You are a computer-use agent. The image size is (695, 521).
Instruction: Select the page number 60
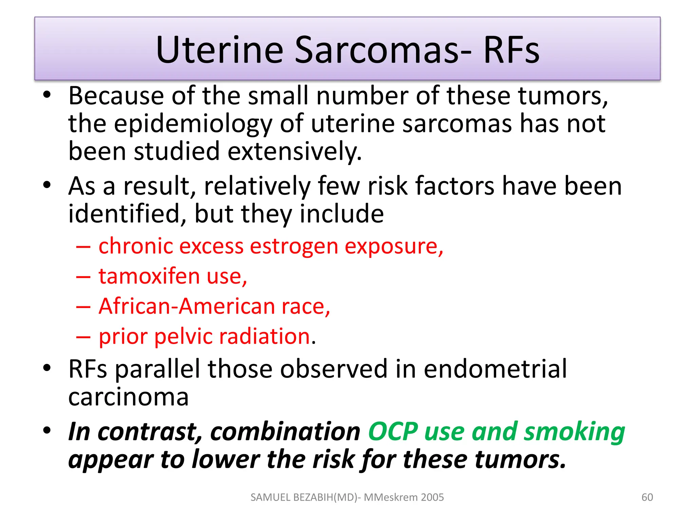coord(647,497)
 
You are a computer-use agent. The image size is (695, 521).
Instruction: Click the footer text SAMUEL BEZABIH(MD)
coord(304,497)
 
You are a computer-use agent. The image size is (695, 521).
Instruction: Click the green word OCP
coord(393,431)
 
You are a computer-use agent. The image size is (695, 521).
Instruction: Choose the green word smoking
coord(574,431)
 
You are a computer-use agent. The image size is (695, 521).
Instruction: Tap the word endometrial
coord(495,369)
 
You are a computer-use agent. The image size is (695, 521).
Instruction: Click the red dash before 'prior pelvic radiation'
coord(83,337)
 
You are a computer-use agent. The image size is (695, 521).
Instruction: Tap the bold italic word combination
coord(285,431)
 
